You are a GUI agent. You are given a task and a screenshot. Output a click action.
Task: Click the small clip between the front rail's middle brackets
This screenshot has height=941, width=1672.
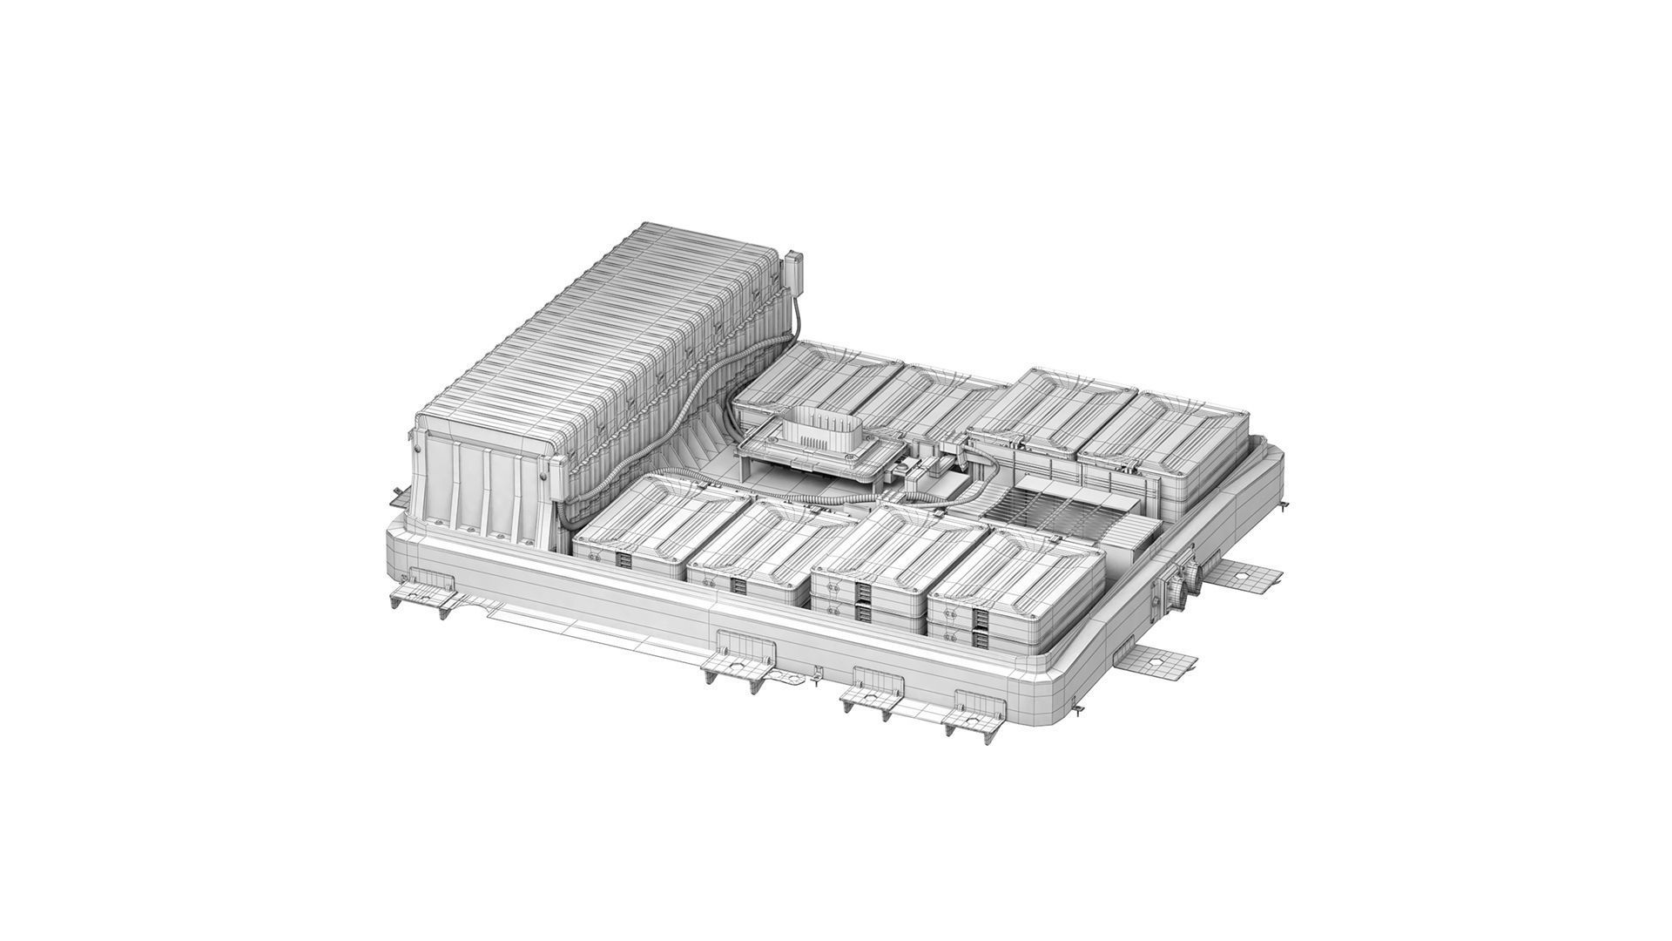click(816, 674)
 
